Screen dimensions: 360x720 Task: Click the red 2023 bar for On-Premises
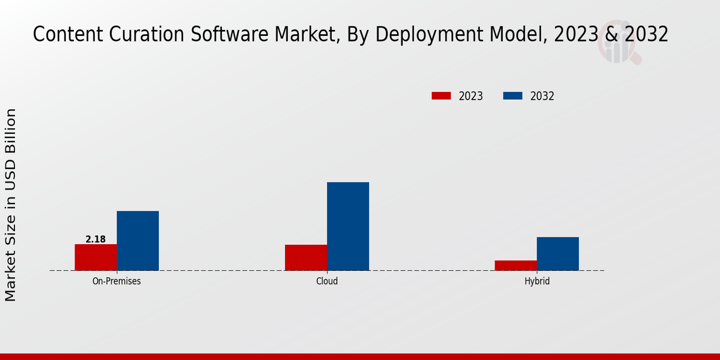click(x=96, y=257)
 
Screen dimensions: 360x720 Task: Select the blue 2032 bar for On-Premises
click(x=138, y=241)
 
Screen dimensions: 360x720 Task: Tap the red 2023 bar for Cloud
click(x=306, y=257)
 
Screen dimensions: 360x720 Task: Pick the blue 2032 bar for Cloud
click(x=348, y=226)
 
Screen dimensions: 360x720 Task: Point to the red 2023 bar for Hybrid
click(x=516, y=265)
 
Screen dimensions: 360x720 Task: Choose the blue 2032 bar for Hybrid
click(x=558, y=254)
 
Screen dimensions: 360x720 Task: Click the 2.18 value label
click(x=95, y=239)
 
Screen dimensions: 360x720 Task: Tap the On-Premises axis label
click(x=116, y=281)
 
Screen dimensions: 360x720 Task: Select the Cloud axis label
click(x=327, y=281)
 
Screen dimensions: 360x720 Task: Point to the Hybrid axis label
click(x=537, y=281)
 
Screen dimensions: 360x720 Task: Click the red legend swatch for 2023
click(x=441, y=96)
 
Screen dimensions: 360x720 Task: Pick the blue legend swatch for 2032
click(x=512, y=96)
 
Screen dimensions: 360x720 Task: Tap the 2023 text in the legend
click(x=471, y=96)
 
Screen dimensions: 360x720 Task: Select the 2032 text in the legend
click(x=542, y=96)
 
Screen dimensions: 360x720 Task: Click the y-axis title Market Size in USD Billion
click(x=11, y=205)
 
